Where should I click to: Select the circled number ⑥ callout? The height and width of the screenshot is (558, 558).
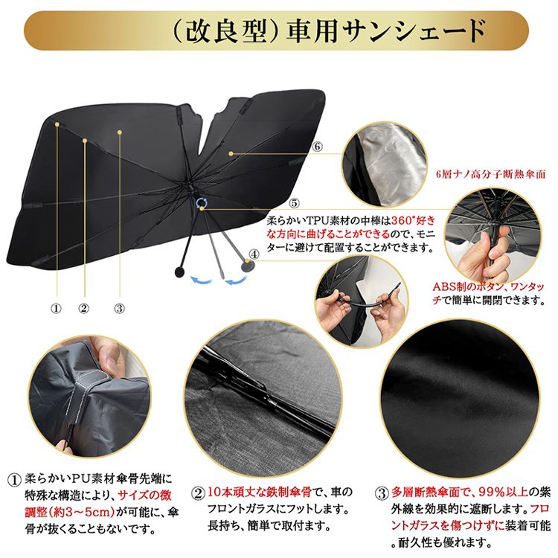pos(318,147)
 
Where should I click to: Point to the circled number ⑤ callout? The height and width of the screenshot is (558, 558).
pos(295,202)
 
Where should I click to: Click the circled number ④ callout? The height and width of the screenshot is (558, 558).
pos(254,254)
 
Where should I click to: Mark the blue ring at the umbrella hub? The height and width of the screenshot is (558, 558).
pos(202,202)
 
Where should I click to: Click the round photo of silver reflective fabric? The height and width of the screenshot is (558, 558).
pos(385,155)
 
